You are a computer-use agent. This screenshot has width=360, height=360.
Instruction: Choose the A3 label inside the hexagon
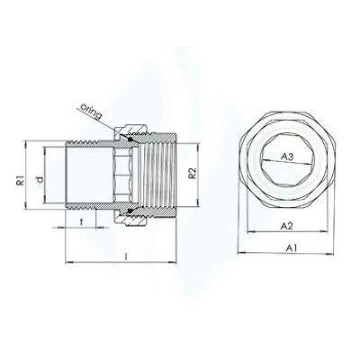tap(287, 157)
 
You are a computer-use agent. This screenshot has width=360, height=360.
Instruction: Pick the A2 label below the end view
tap(286, 226)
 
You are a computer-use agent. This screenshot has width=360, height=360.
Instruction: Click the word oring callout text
tap(90, 110)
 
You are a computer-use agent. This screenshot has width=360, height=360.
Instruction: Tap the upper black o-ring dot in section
tap(130, 139)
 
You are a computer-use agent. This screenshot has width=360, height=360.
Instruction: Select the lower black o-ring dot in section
tap(130, 211)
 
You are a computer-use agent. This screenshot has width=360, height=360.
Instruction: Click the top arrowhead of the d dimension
tap(45, 149)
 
